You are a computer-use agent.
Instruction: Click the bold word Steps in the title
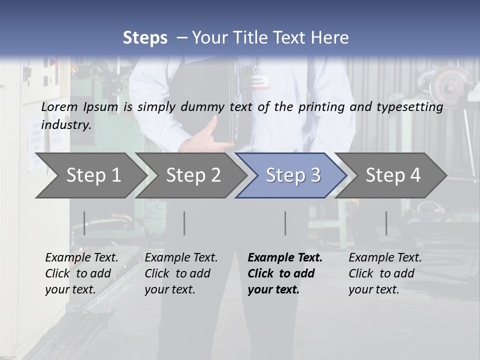145,38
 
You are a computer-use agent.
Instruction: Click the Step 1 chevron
93,175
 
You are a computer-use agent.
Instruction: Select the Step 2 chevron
193,175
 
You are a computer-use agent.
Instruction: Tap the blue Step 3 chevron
292,175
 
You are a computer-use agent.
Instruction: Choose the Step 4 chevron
392,175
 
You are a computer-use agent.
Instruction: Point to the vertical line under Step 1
84,223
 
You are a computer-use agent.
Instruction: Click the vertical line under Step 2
184,223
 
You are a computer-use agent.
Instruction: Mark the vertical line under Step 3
285,223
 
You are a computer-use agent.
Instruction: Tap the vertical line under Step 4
386,223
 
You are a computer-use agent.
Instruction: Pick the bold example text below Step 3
284,273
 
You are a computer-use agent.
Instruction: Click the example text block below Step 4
385,273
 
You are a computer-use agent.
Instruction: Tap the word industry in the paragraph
66,125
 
